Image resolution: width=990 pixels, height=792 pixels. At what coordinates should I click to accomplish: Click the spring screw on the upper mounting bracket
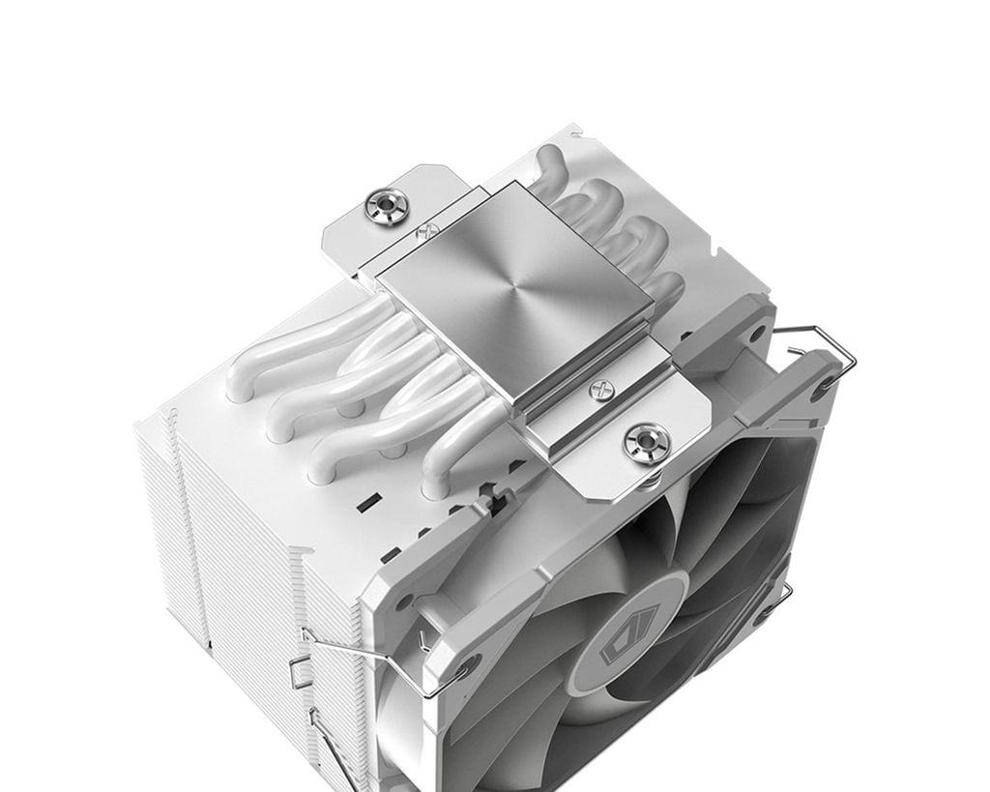click(387, 205)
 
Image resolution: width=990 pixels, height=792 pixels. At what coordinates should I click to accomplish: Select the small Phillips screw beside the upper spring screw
click(422, 232)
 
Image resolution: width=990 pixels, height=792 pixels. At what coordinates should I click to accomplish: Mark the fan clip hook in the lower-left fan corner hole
click(469, 667)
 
